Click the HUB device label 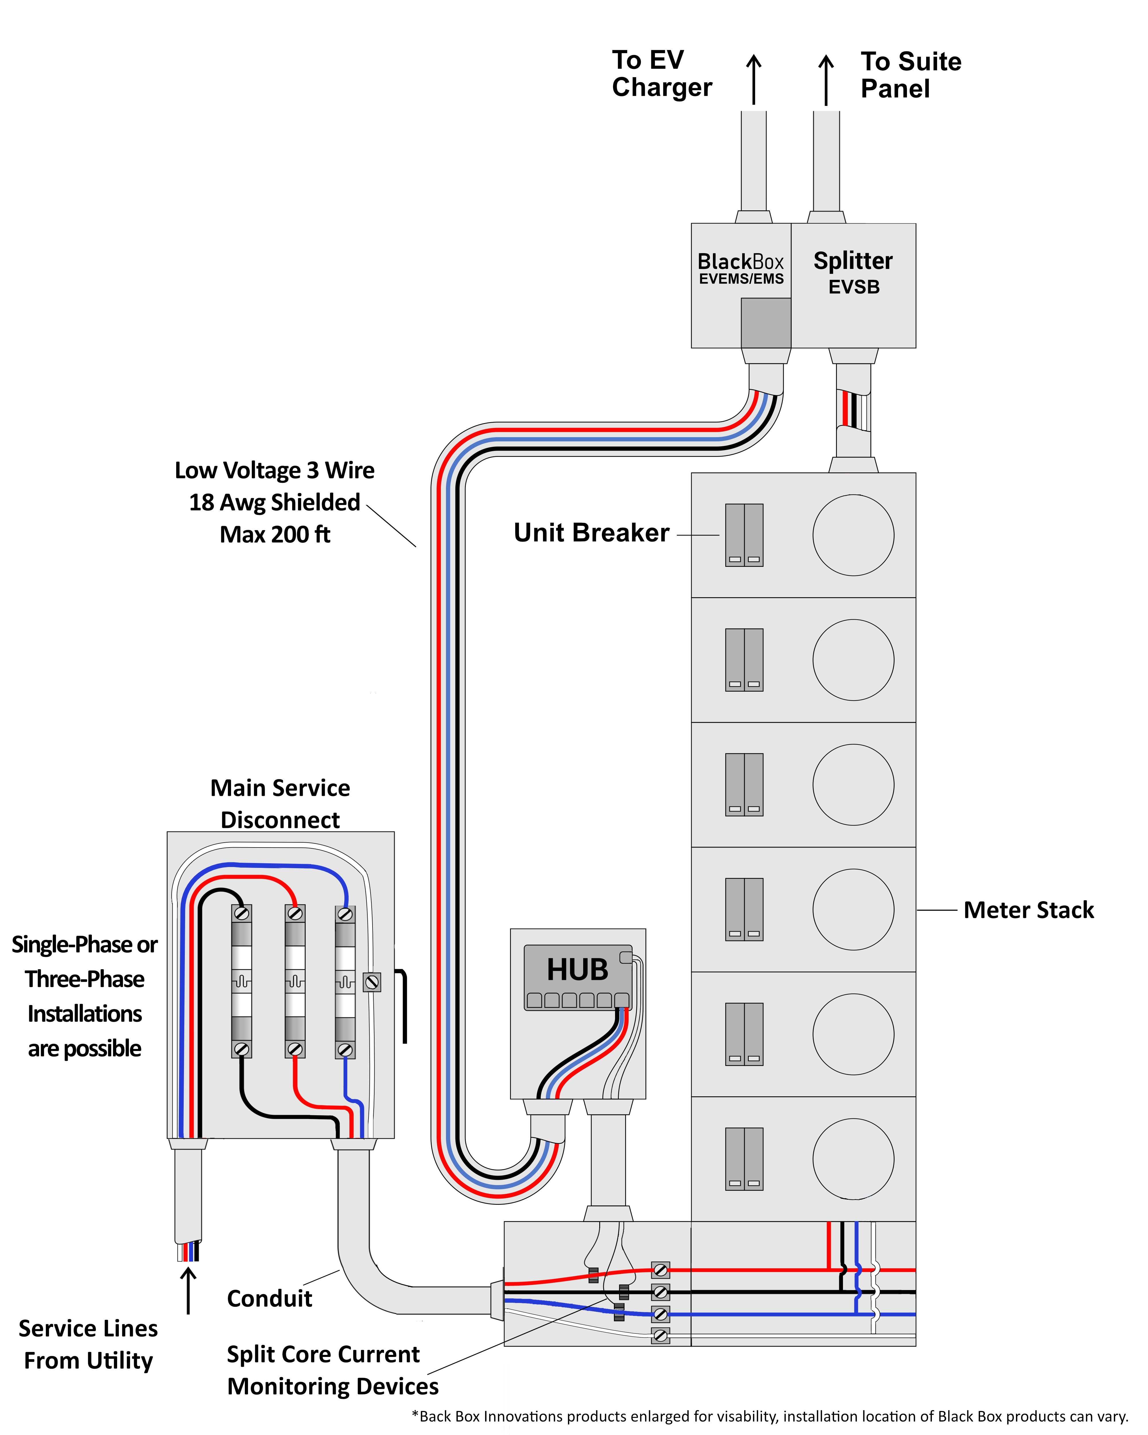click(577, 970)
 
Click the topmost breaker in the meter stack click(744, 535)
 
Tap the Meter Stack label click(1028, 910)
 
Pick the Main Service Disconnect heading click(280, 803)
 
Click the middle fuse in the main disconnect click(295, 981)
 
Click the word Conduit click(269, 1299)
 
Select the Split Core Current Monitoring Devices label click(332, 1370)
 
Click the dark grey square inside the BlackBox click(766, 323)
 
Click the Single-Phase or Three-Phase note click(84, 996)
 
